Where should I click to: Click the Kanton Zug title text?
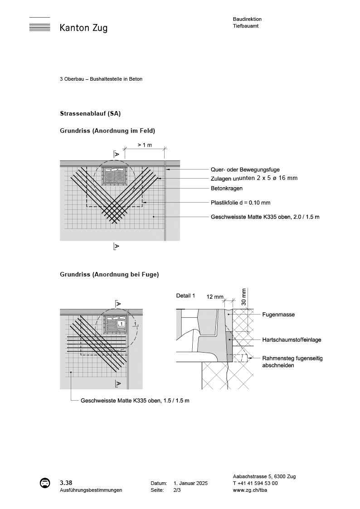(x=83, y=28)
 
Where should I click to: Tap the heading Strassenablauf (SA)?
(x=90, y=113)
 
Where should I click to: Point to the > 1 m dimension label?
(x=144, y=145)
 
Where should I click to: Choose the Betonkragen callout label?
(x=227, y=188)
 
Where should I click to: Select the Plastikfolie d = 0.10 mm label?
(x=240, y=203)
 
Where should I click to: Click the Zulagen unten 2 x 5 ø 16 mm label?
(x=254, y=178)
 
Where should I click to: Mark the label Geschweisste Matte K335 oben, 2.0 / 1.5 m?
(x=265, y=217)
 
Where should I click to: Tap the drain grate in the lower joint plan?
(x=115, y=324)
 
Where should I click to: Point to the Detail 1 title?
(x=185, y=296)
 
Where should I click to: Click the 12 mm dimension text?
(x=215, y=297)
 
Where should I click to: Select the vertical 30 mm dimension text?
(x=244, y=296)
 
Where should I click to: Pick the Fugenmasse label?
(x=278, y=315)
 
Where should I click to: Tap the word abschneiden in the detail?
(x=278, y=365)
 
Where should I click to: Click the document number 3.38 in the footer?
(x=66, y=482)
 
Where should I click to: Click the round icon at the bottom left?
(x=45, y=483)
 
